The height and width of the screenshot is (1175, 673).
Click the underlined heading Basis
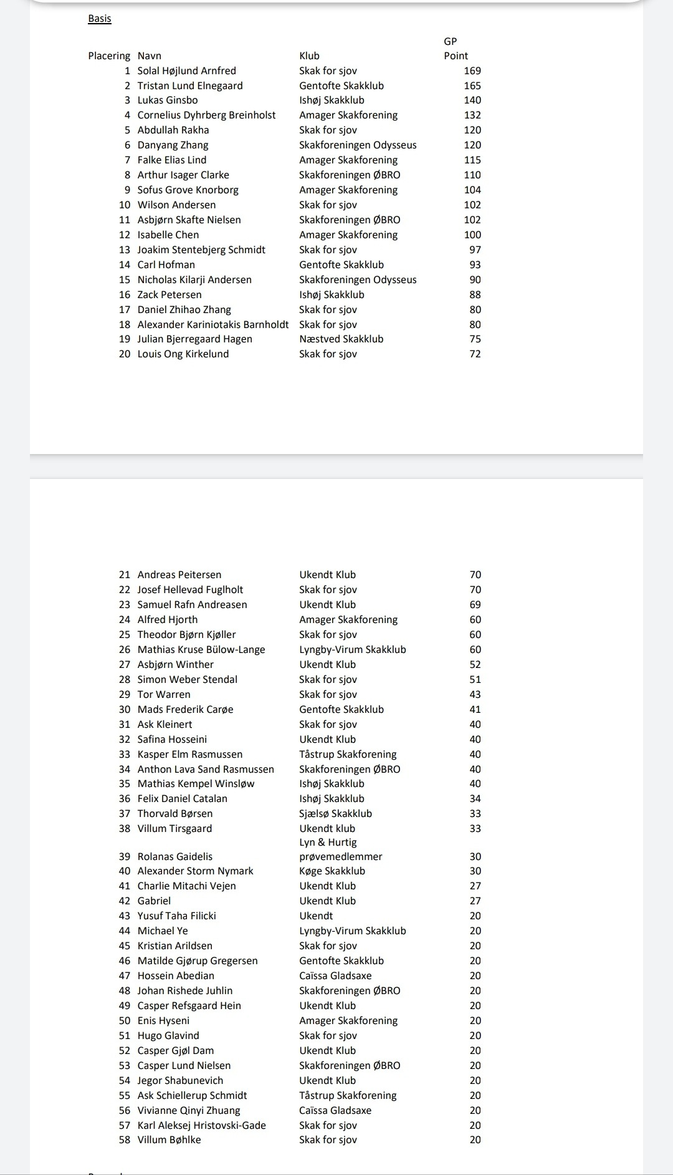100,19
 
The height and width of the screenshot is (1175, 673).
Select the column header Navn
150,56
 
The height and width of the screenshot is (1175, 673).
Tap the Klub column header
309,56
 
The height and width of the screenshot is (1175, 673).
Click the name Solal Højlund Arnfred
186,71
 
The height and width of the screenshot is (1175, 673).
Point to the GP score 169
472,71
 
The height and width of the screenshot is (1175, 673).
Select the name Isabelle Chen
168,235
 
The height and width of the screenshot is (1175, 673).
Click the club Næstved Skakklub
341,339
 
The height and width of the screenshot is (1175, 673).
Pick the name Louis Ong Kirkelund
183,354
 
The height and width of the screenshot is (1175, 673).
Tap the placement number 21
125,575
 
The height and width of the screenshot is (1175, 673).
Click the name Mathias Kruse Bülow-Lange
201,650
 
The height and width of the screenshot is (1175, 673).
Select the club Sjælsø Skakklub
335,814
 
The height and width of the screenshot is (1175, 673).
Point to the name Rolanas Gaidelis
175,857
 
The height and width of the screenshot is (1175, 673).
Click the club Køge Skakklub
332,871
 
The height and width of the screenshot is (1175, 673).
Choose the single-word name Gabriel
154,901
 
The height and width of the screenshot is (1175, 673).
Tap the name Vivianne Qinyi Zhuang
189,1111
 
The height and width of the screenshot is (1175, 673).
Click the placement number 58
125,1140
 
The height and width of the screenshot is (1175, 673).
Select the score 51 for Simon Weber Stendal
475,680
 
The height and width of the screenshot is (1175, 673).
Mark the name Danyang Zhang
173,145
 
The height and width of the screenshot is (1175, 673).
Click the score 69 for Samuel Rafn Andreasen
475,605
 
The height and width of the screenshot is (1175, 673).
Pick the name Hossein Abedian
176,976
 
